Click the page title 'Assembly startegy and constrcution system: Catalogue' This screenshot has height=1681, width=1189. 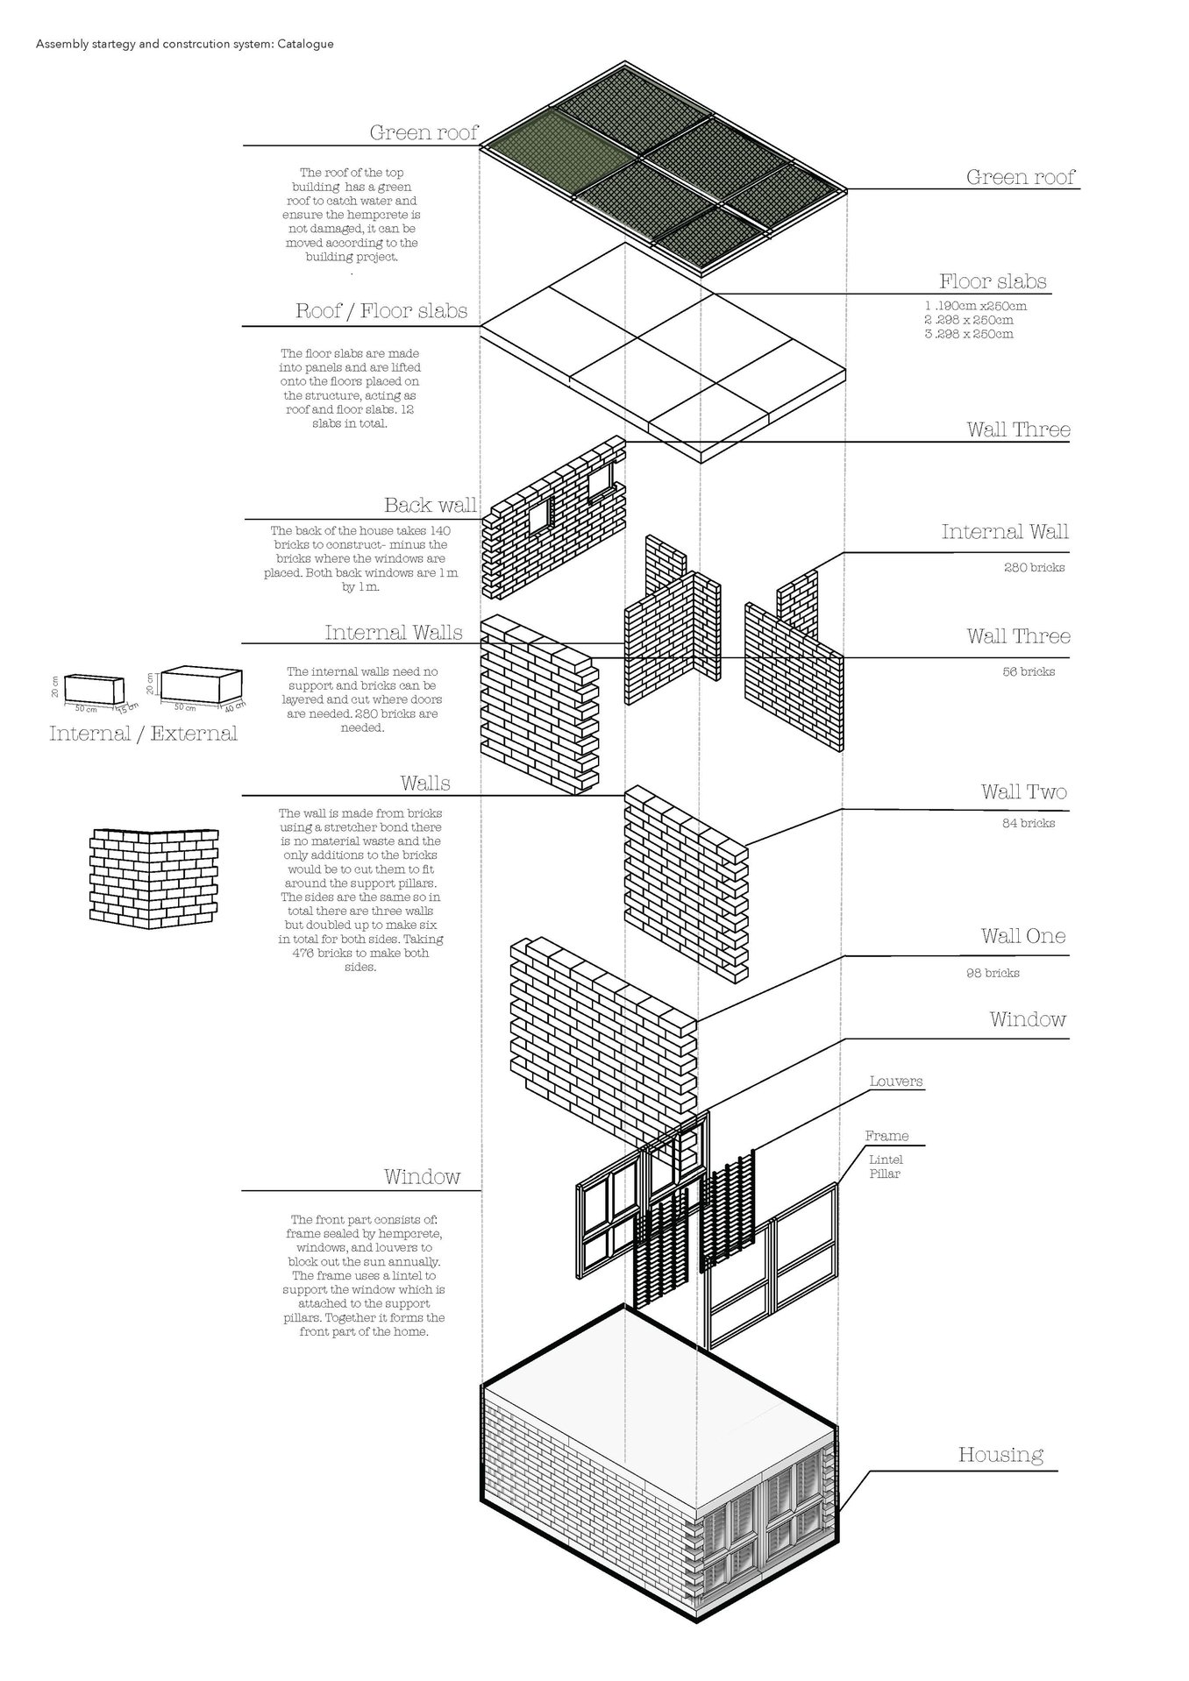coord(184,44)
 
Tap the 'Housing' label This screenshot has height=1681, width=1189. coord(1000,1454)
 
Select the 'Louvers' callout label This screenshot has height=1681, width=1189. coord(896,1081)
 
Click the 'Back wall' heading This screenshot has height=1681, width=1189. coord(431,505)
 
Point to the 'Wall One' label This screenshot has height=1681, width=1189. coord(1023,936)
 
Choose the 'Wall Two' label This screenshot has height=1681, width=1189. coord(1023,792)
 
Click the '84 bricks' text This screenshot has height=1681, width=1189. coord(1029,823)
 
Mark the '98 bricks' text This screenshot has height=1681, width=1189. coord(993,973)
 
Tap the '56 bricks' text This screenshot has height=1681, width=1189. coord(1029,672)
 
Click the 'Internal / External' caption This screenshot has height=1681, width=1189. coord(143,734)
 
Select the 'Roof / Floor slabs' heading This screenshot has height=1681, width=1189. coord(381,311)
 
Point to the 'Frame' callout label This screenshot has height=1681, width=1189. coord(886,1136)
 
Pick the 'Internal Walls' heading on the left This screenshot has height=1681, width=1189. coord(394,633)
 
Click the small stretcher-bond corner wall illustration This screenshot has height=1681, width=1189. coord(153,874)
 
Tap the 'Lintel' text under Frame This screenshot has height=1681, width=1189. coord(886,1160)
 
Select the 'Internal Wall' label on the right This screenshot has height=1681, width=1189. coord(1005,532)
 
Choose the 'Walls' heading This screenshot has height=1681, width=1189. coord(425,783)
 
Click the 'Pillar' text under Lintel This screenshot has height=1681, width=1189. coord(885,1174)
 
